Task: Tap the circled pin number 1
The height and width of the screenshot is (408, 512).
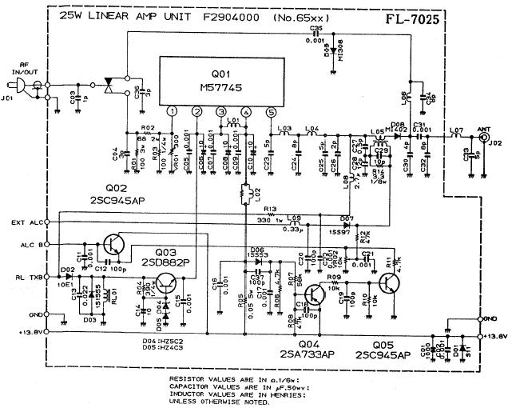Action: pyautogui.click(x=172, y=112)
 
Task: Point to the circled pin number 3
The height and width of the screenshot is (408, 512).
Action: pyautogui.click(x=220, y=112)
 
